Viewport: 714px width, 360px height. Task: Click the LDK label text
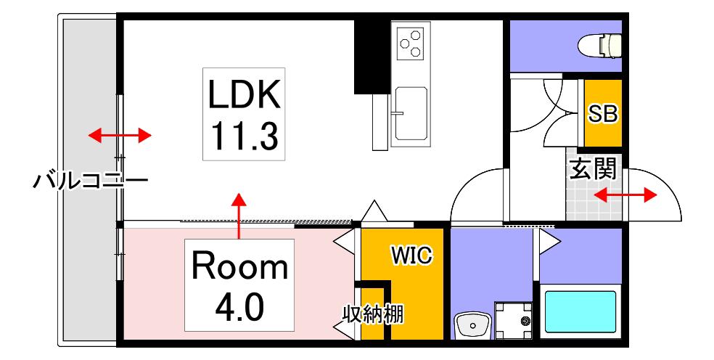pyautogui.click(x=244, y=94)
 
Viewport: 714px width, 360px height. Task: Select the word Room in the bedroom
pyautogui.click(x=239, y=267)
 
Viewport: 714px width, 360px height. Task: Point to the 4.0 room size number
pyautogui.click(x=239, y=308)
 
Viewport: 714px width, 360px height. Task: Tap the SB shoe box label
pyautogui.click(x=602, y=114)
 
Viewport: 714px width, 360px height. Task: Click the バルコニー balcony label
pyautogui.click(x=91, y=181)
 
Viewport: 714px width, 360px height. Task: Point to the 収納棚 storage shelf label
pyautogui.click(x=373, y=314)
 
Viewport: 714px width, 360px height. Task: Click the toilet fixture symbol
pyautogui.click(x=600, y=46)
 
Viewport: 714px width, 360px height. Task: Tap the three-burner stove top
pyautogui.click(x=410, y=44)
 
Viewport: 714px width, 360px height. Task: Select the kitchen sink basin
pyautogui.click(x=411, y=114)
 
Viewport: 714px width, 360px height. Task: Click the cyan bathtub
pyautogui.click(x=580, y=311)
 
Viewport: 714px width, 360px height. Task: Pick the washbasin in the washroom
pyautogui.click(x=472, y=326)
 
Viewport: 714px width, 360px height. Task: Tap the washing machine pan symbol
pyautogui.click(x=514, y=320)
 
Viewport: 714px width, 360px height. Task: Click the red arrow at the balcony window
pyautogui.click(x=119, y=135)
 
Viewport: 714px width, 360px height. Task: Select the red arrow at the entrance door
pyautogui.click(x=625, y=196)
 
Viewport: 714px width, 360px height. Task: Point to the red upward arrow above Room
pyautogui.click(x=238, y=216)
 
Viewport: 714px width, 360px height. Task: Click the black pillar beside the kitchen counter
pyautogui.click(x=372, y=57)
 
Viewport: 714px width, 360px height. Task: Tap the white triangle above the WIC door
pyautogui.click(x=374, y=211)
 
